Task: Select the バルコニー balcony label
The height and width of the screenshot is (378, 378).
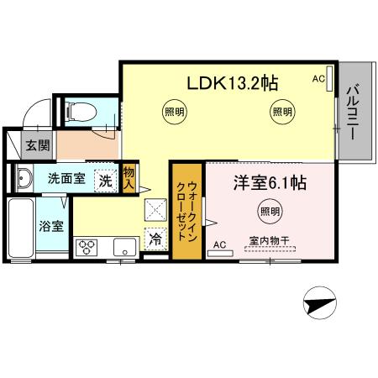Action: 353,113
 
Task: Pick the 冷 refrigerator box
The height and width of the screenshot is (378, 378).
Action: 155,238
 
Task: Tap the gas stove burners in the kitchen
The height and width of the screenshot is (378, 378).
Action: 87,247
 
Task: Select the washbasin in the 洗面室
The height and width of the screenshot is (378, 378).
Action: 23,177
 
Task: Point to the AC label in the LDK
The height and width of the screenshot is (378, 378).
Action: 318,79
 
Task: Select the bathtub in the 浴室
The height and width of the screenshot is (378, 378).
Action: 22,229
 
